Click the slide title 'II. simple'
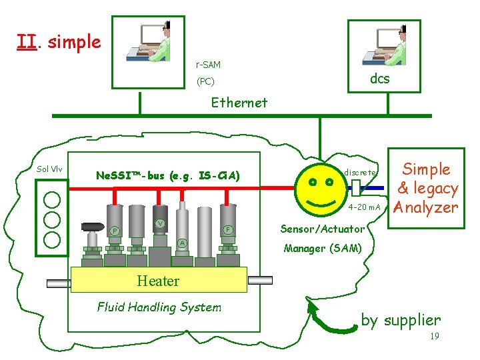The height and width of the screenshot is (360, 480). pyautogui.click(x=59, y=42)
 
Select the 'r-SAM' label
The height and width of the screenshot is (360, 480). pyautogui.click(x=207, y=65)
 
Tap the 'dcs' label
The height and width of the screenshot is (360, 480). pyautogui.click(x=379, y=79)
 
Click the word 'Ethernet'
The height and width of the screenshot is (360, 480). pyautogui.click(x=239, y=103)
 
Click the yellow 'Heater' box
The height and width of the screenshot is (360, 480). pyautogui.click(x=158, y=281)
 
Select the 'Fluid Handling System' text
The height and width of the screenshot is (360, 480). pyautogui.click(x=159, y=307)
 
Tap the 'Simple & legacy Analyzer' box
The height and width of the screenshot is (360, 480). pyautogui.click(x=427, y=188)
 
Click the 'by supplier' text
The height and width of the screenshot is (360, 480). pyautogui.click(x=401, y=320)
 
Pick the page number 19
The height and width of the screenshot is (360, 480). pyautogui.click(x=434, y=337)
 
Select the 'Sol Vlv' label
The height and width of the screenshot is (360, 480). pyautogui.click(x=49, y=169)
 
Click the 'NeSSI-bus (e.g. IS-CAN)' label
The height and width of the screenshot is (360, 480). pyautogui.click(x=167, y=176)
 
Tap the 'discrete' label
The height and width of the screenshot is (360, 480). pyautogui.click(x=360, y=172)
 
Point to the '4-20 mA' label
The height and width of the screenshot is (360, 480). pyautogui.click(x=364, y=207)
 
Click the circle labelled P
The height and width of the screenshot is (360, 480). pyautogui.click(x=115, y=231)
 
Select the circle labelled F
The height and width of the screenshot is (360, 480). pyautogui.click(x=227, y=229)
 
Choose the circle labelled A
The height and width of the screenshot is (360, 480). pyautogui.click(x=182, y=242)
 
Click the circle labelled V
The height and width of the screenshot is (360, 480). pyautogui.click(x=160, y=223)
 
